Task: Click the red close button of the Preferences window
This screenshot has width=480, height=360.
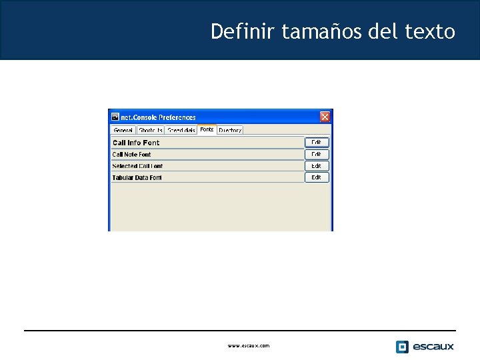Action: (325, 117)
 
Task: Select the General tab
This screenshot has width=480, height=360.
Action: (123, 131)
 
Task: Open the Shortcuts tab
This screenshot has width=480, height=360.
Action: (151, 131)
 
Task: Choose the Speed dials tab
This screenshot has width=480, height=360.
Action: (181, 131)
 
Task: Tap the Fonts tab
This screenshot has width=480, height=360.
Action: (207, 129)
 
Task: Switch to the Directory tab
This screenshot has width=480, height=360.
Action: (230, 131)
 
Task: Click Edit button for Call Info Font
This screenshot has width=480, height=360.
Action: (317, 143)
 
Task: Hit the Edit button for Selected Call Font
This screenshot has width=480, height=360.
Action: (317, 166)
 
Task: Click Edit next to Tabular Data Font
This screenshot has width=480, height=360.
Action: (317, 177)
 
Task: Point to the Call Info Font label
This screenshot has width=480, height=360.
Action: (136, 143)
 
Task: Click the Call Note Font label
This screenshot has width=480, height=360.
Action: (132, 155)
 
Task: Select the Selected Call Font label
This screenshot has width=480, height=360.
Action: (137, 166)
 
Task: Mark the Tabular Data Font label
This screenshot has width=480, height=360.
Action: (137, 178)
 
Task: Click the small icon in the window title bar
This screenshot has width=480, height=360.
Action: (115, 117)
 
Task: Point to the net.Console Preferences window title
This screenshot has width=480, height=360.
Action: (159, 117)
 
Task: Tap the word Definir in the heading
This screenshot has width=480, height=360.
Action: (243, 31)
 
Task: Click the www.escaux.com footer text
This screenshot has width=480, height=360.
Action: (249, 346)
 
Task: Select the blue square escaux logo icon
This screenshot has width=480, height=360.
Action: (402, 347)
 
